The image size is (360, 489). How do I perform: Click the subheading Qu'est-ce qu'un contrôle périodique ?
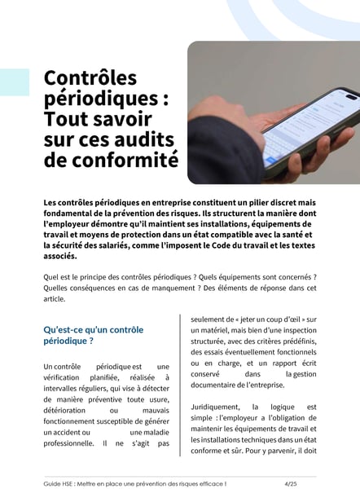[x=93, y=335]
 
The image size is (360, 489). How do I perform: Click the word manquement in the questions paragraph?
[x=176, y=288]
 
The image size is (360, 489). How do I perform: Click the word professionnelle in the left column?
[x=68, y=444]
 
